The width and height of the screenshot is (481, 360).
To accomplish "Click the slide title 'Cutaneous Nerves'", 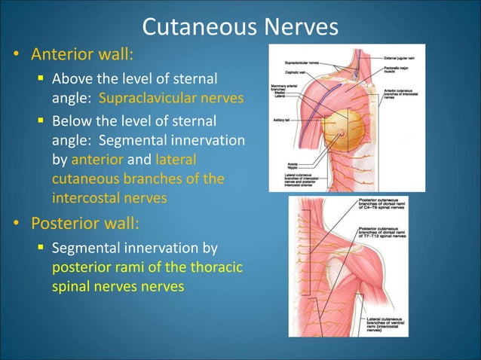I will [x=240, y=28].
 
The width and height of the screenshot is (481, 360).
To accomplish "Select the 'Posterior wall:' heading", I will [x=84, y=224].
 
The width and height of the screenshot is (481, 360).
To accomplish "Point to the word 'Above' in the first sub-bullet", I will [x=72, y=78].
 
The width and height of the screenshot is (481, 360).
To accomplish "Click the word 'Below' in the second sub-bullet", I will [x=72, y=121].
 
